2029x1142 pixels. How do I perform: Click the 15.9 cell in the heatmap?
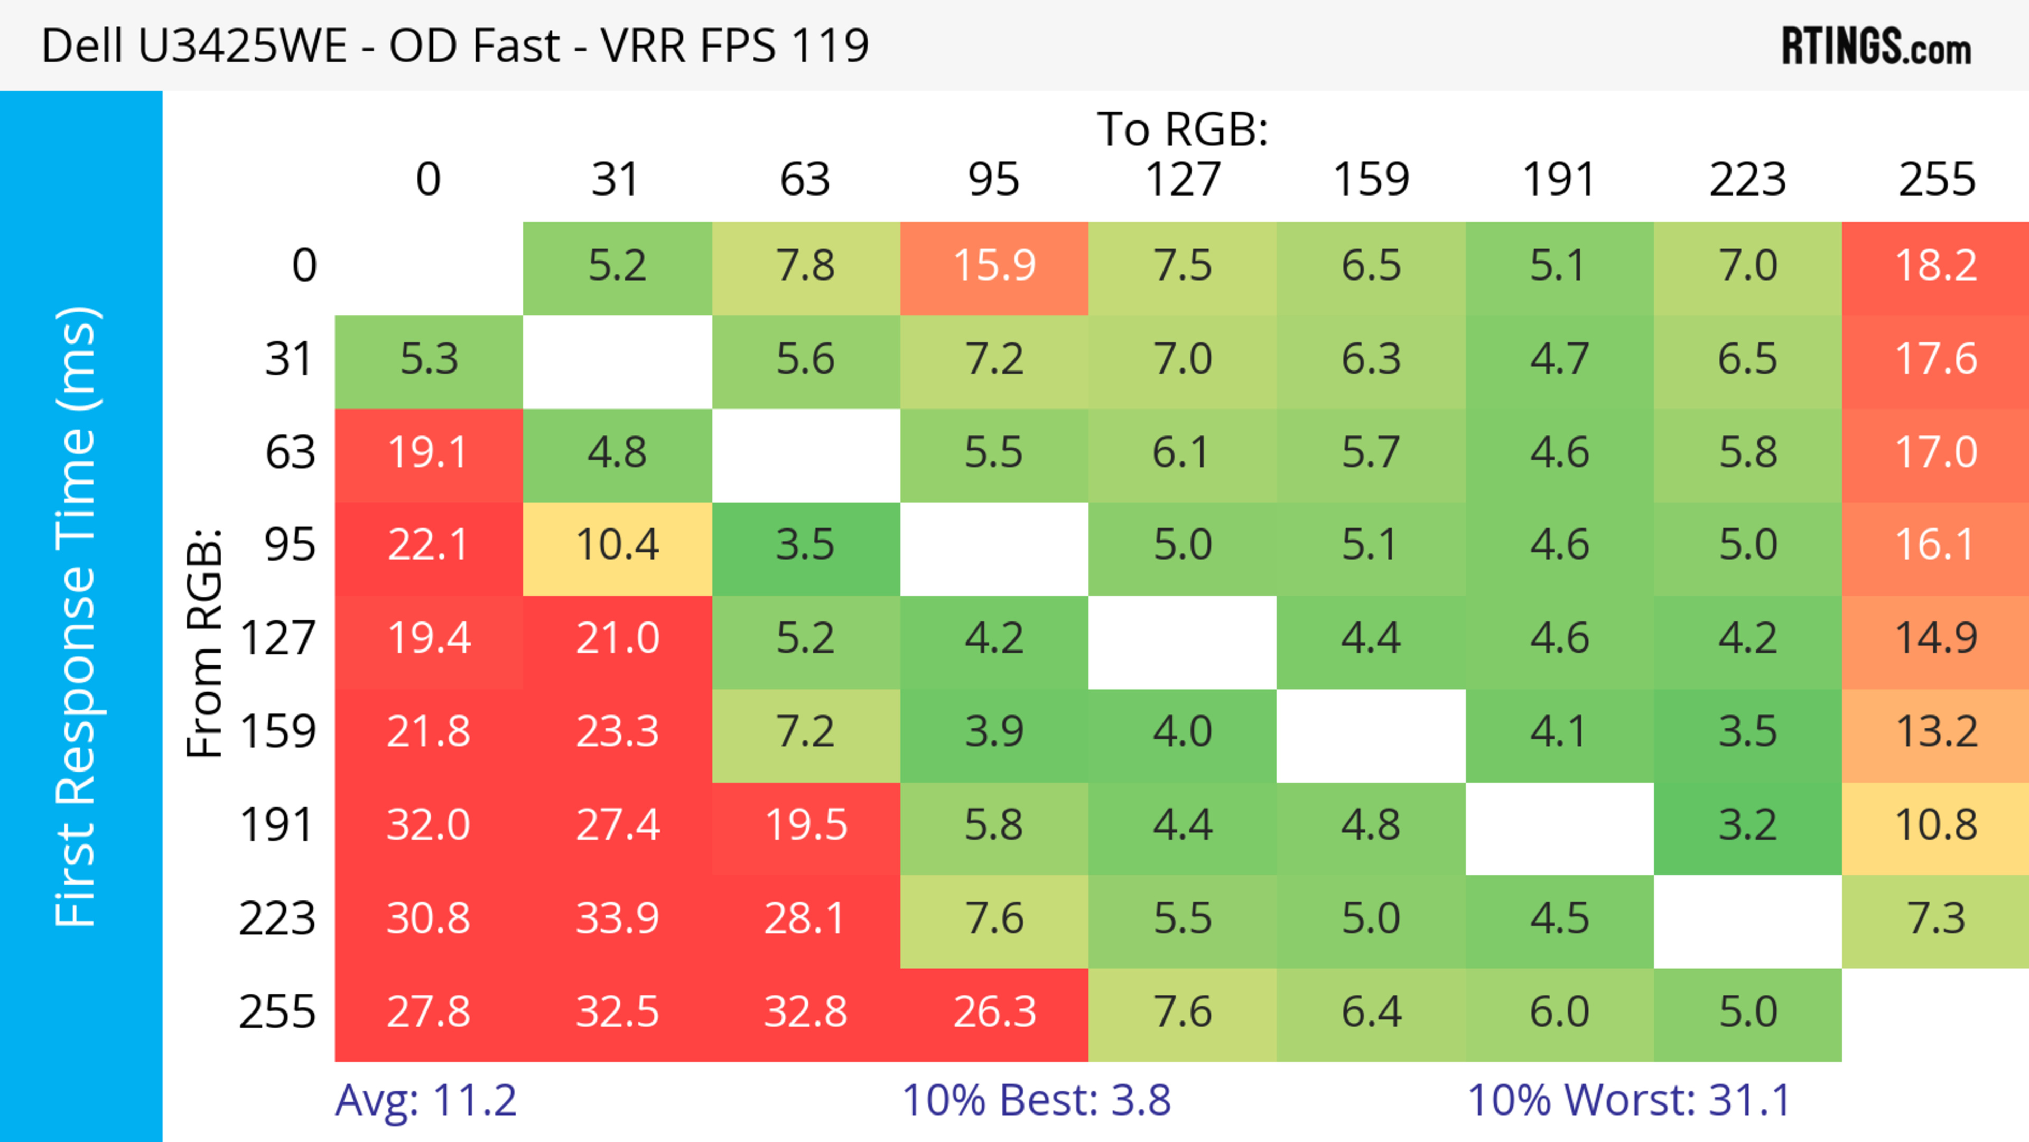(x=994, y=265)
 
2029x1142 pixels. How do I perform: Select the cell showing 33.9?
(x=617, y=918)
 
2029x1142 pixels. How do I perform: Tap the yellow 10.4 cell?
(x=617, y=545)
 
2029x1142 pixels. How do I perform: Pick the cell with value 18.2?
(x=1935, y=265)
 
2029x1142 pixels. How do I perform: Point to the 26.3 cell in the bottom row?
(x=994, y=1012)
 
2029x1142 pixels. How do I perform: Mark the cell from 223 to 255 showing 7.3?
(x=1935, y=918)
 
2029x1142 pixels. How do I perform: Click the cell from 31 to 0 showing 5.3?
(x=429, y=359)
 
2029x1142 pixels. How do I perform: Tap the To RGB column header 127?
(x=1183, y=180)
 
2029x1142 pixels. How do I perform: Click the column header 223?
(x=1747, y=180)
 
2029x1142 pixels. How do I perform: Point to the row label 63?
(x=290, y=452)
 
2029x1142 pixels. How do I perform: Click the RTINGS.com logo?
(x=1876, y=47)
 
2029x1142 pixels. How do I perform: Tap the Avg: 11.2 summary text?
(x=425, y=1100)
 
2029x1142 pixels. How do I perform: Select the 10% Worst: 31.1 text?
(x=1629, y=1100)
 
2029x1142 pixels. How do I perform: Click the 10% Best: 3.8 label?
(x=1036, y=1100)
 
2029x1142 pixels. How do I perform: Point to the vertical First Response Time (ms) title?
(x=77, y=616)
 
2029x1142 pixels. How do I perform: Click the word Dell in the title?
(x=82, y=45)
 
